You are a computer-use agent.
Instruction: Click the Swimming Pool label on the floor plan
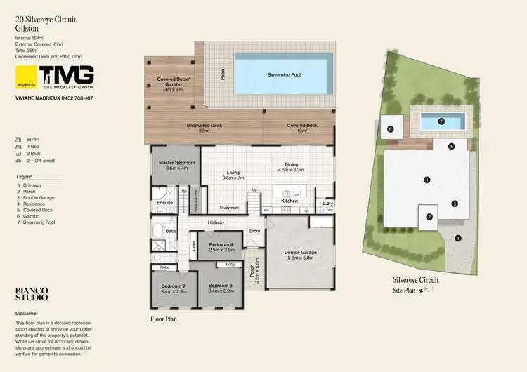[283, 74]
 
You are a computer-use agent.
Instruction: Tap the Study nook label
[229, 208]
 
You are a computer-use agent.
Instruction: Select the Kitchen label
[290, 201]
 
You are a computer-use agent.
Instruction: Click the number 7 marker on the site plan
[441, 121]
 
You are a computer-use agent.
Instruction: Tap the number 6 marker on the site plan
[389, 129]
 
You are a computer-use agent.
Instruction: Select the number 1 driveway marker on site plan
[458, 238]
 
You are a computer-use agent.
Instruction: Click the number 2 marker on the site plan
[429, 217]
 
